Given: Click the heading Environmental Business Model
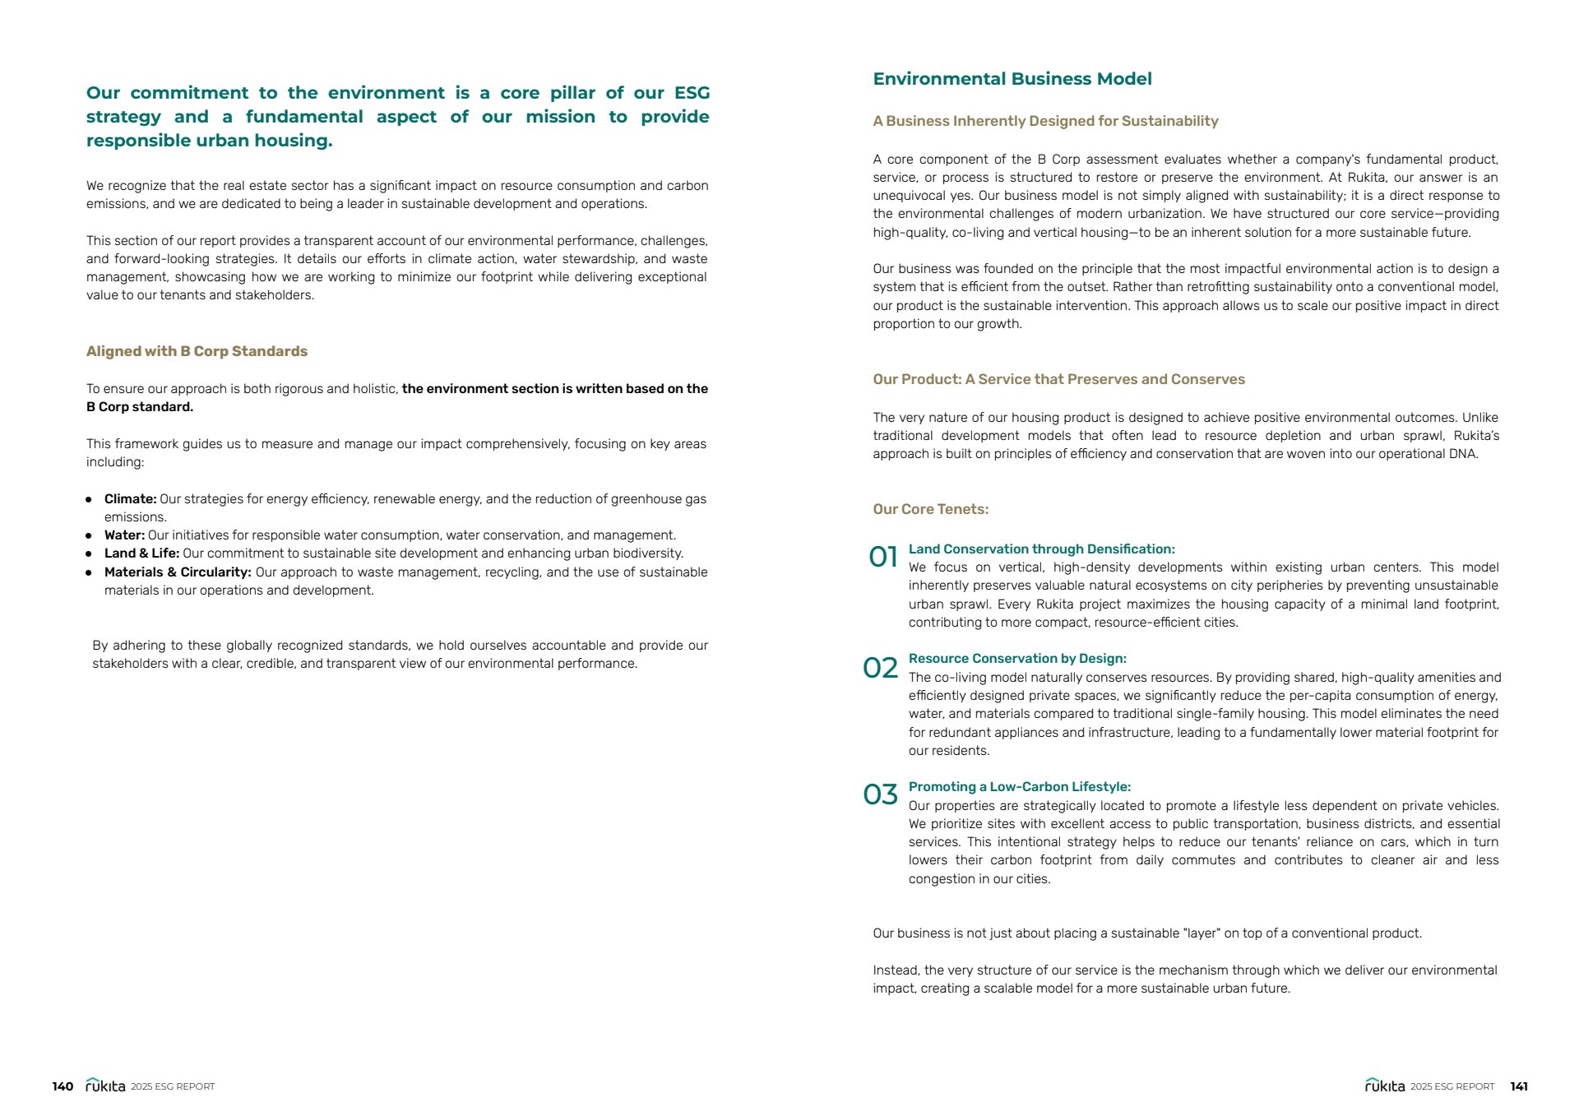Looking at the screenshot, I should [x=1012, y=79].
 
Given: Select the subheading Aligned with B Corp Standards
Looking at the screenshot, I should [x=197, y=351].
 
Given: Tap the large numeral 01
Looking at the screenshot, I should [x=882, y=557].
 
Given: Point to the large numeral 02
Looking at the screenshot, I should [x=880, y=668].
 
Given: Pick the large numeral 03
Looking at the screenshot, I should [x=880, y=794].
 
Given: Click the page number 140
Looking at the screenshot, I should [x=63, y=1086].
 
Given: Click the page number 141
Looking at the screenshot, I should [x=1518, y=1086].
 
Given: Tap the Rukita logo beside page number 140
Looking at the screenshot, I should [x=105, y=1086].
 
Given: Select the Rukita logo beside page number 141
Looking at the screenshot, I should [x=1385, y=1086].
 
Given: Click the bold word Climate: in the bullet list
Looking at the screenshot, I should [x=130, y=499].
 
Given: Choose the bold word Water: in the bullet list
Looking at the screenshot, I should [x=124, y=535].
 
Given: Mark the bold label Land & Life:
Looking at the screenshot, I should [x=141, y=553].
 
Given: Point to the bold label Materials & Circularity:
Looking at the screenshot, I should [x=178, y=572].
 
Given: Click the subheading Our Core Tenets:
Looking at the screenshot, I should [x=930, y=509].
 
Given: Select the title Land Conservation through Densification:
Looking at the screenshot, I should [x=1041, y=549].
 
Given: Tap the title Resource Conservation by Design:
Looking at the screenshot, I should [x=1016, y=659].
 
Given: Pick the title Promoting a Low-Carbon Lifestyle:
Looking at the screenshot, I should [x=1019, y=787].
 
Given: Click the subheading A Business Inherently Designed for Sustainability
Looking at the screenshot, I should [x=1045, y=121].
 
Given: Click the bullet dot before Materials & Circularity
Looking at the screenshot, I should [x=89, y=572].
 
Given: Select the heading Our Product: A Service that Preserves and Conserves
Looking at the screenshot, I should [x=1058, y=379].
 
